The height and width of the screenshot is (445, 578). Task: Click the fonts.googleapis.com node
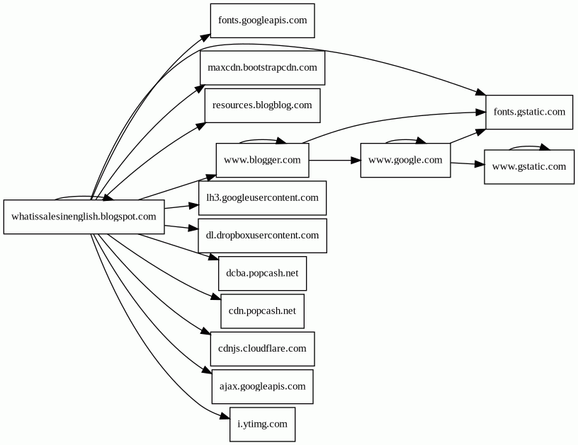[x=262, y=21]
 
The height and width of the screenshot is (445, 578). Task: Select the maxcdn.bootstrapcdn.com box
[x=262, y=68]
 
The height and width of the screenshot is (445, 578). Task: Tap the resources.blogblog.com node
[x=262, y=105]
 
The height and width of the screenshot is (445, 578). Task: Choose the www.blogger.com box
[x=262, y=160]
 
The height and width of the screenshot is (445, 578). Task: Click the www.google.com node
[x=405, y=160]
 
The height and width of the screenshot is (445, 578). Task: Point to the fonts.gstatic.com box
[x=529, y=112]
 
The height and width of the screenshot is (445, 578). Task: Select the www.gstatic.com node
[x=529, y=167]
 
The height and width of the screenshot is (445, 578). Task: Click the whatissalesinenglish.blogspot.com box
[x=84, y=216]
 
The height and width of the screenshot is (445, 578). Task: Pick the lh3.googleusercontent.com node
[x=262, y=197]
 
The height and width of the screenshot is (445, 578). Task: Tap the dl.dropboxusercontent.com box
[x=262, y=235]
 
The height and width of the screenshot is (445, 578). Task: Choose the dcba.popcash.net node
[x=262, y=273]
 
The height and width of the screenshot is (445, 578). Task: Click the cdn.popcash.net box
[x=262, y=311]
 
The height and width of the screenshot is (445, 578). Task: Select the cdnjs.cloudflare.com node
[x=262, y=349]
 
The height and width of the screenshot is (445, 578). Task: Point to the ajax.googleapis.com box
[x=262, y=386]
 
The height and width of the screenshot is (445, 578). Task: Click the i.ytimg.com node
[x=262, y=424]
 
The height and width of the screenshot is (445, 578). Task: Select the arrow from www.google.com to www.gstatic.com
[x=467, y=164]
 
